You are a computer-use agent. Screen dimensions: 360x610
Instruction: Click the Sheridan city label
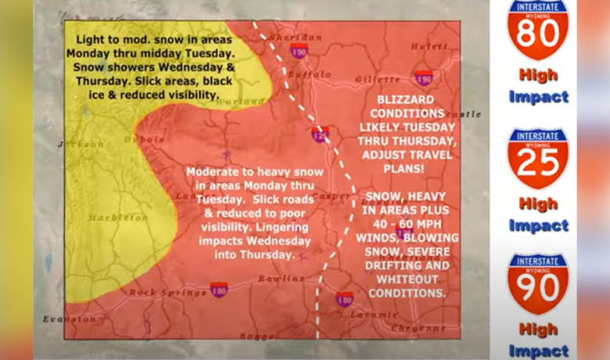point(296,37)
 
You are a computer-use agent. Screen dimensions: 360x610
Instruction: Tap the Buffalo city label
point(309,74)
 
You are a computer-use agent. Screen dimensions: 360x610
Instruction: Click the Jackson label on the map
point(81,144)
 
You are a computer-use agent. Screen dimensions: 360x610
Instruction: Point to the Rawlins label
point(284,278)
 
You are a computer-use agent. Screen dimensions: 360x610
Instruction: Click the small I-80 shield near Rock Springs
point(219,290)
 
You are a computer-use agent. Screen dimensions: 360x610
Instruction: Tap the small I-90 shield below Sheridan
point(299,52)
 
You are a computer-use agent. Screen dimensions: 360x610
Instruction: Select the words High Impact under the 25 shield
point(537,214)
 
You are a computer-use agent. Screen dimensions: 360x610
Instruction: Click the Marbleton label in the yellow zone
point(117,217)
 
